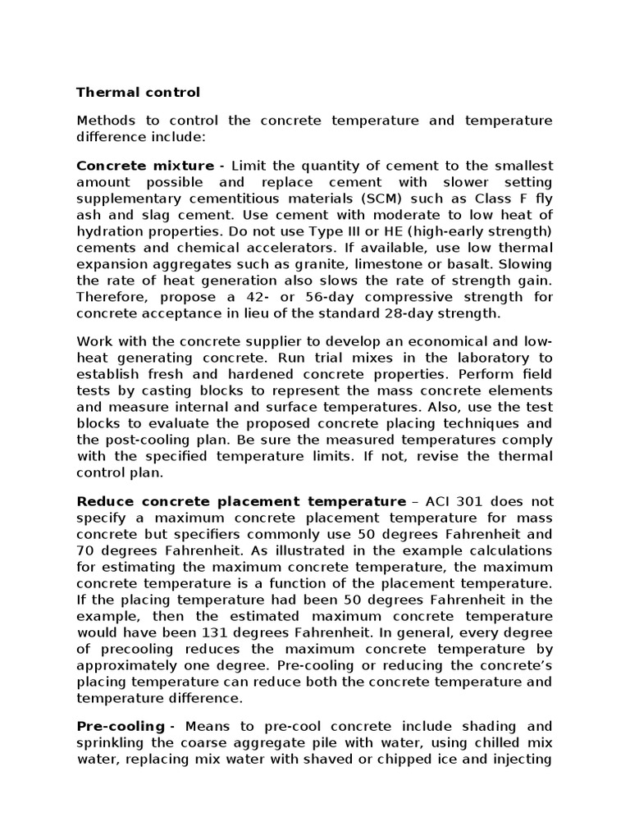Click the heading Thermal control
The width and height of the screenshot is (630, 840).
[138, 92]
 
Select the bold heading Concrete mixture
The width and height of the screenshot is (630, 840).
[144, 167]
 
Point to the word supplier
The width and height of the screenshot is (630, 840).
[260, 342]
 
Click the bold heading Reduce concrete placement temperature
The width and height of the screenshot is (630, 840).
[241, 501]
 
